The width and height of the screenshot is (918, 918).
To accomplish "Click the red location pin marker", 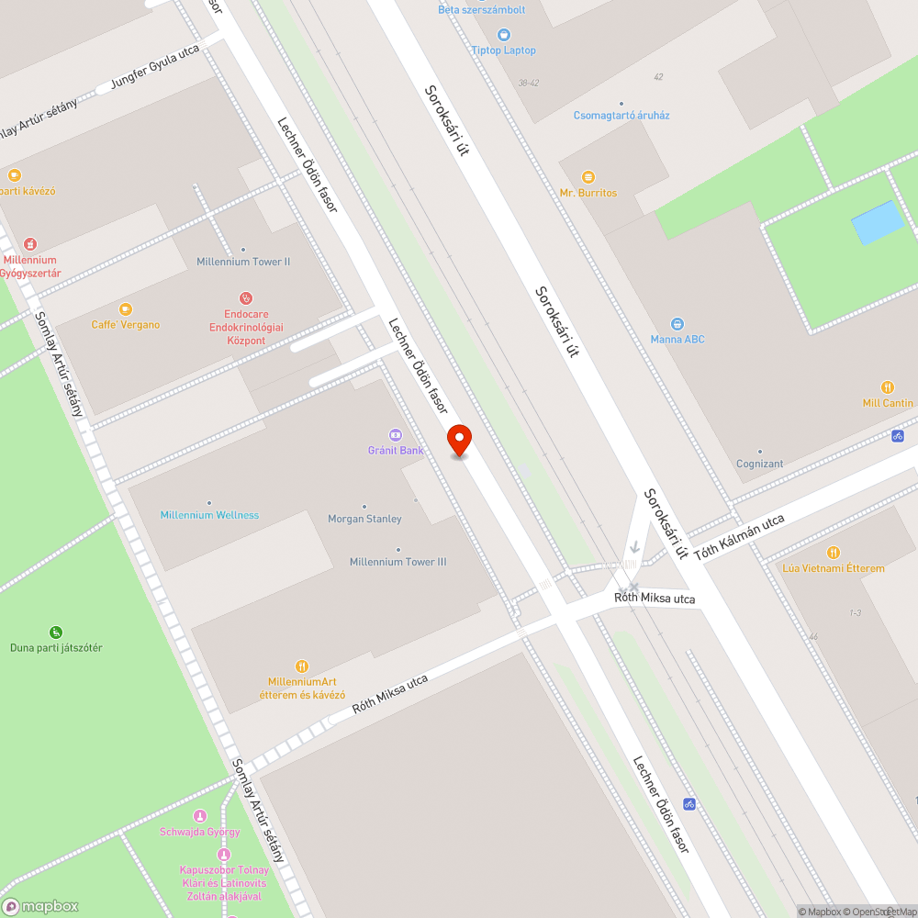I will [x=459, y=440].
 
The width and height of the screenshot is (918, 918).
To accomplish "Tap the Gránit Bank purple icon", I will [x=396, y=434].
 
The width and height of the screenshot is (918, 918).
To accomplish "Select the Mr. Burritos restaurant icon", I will [x=588, y=176].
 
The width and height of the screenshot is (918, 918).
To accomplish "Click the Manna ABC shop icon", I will [x=677, y=323].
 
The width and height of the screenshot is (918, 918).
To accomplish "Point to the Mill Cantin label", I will [x=888, y=403].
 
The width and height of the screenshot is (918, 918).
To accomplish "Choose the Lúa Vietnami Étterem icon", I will [x=834, y=553].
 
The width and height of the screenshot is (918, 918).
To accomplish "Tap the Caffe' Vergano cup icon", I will [x=126, y=309].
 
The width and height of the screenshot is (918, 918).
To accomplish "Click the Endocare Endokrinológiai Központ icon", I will [x=246, y=297].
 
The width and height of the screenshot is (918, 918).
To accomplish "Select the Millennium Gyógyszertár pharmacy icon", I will [x=30, y=244].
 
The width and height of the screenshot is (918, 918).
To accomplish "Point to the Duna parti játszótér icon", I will [x=56, y=632].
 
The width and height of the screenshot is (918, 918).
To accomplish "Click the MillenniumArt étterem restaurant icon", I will [x=302, y=666].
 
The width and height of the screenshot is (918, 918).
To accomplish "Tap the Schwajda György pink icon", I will [x=200, y=816].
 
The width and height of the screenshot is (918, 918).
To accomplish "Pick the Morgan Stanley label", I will [x=364, y=519].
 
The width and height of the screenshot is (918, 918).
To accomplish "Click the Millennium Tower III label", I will [x=397, y=562].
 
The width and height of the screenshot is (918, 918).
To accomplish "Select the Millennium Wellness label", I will [x=209, y=515].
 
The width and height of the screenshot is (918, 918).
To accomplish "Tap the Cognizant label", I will [x=759, y=464].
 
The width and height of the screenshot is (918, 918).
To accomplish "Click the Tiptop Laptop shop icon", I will [x=504, y=34].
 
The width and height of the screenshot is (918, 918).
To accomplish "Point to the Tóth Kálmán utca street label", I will [x=739, y=538].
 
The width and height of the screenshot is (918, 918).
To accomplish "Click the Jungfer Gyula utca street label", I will [x=155, y=69].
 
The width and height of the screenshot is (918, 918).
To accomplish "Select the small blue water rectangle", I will [x=878, y=222].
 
